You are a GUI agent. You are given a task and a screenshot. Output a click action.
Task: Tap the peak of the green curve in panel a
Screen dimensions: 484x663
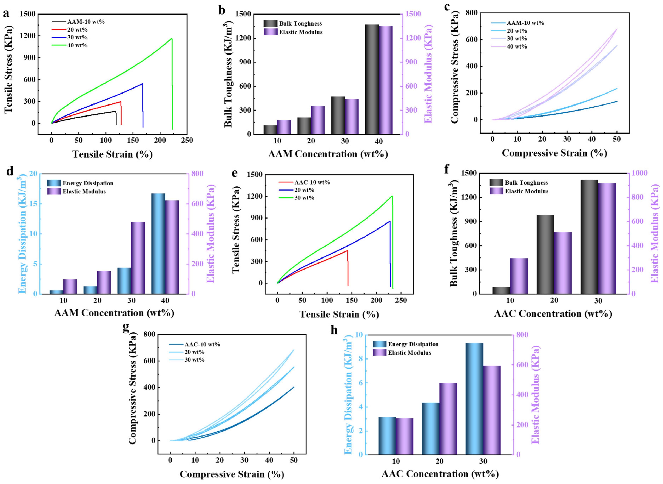coord(172,39)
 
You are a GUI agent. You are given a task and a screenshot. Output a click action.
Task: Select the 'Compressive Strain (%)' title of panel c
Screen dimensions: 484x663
coord(554,153)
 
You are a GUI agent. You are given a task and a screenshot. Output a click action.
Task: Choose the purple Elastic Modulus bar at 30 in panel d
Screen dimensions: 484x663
coord(138,258)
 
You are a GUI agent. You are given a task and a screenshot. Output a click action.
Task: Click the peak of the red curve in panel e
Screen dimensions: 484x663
coord(347,250)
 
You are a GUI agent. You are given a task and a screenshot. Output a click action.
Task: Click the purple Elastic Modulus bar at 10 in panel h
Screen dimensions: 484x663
coord(404,436)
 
